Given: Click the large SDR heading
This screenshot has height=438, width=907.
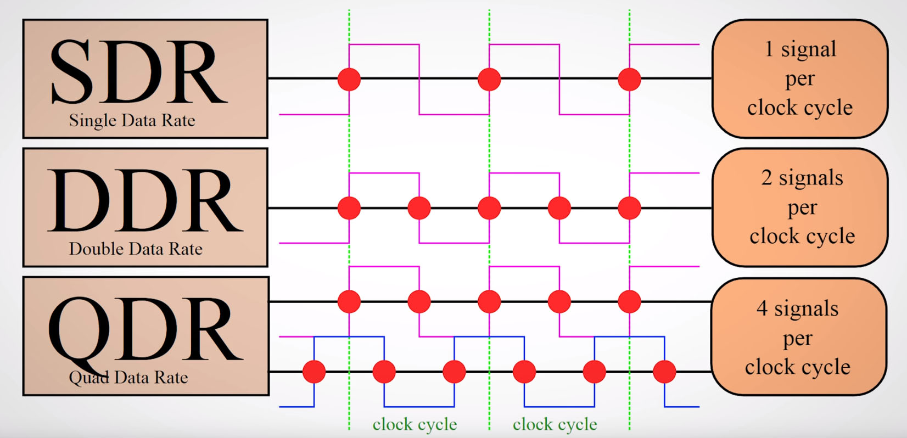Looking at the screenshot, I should [x=138, y=72].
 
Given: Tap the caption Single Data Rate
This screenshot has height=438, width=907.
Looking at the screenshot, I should [x=132, y=120].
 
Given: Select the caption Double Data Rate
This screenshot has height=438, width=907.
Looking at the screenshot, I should [x=136, y=249].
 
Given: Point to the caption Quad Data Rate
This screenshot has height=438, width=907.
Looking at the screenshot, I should [x=128, y=377].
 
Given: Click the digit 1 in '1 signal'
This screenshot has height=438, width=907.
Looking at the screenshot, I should [x=770, y=49].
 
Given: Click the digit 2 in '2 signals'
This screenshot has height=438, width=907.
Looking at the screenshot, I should [x=766, y=178].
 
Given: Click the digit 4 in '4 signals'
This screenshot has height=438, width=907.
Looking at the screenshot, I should [x=762, y=308].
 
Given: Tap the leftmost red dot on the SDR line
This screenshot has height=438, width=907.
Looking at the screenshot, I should [x=349, y=79].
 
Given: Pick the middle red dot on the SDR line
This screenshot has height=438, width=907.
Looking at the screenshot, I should [x=489, y=79].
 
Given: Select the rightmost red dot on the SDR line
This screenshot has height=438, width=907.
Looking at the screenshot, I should [x=629, y=79].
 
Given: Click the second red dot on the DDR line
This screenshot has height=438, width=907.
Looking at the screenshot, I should [x=419, y=208].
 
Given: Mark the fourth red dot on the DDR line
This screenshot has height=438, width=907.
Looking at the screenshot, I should [x=559, y=208].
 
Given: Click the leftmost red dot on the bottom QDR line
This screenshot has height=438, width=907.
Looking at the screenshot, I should [x=314, y=372].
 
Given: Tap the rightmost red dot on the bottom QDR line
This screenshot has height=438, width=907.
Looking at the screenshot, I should [x=664, y=372].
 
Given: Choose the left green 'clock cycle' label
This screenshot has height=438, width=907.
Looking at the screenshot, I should [x=415, y=424].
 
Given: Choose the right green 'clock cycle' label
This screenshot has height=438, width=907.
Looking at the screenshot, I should [x=555, y=424].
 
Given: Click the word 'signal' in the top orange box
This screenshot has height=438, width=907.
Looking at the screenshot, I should [x=809, y=49].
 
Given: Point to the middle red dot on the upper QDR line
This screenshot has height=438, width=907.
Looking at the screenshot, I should [x=489, y=301].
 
